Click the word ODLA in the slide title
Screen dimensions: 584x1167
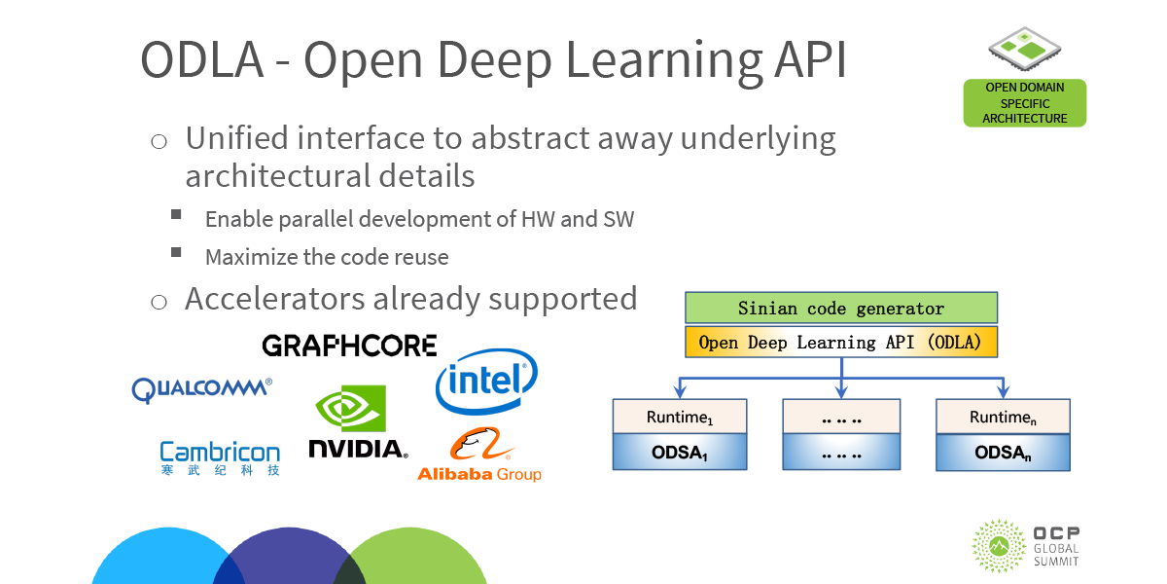(202, 60)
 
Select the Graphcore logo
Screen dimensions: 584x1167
(349, 346)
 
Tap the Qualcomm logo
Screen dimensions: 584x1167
(202, 389)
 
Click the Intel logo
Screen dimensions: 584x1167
(486, 383)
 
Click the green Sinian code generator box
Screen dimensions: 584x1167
(841, 309)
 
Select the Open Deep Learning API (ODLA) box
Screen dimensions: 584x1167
(841, 343)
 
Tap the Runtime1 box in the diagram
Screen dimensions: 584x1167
(680, 417)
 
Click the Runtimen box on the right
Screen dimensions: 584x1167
(1003, 417)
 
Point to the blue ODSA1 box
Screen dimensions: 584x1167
(680, 453)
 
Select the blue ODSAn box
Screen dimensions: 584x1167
(1003, 453)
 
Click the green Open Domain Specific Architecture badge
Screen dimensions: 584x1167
(1024, 103)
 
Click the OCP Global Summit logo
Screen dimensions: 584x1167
(1026, 545)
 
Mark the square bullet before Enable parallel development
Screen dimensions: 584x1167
(176, 214)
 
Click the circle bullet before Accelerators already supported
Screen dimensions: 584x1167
(159, 302)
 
